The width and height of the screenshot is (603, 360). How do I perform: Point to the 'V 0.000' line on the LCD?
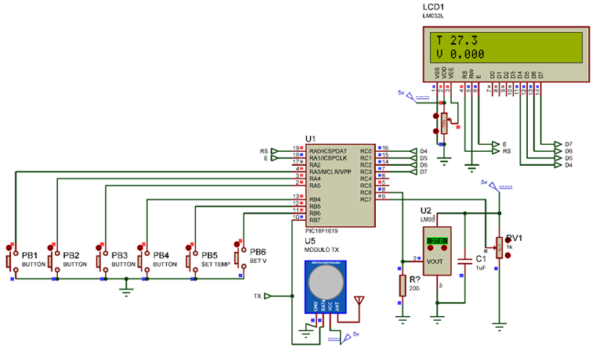pos(460,54)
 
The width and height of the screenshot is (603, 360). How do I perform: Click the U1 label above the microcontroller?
pos(311,138)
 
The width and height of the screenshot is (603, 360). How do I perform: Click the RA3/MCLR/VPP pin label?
pos(330,172)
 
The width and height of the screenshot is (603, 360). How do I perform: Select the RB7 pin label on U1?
pos(315,220)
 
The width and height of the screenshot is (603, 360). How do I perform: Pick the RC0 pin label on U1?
pos(366,151)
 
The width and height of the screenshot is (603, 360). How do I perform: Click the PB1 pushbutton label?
pos(30,255)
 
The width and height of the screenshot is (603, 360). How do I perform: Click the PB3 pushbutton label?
pos(120,255)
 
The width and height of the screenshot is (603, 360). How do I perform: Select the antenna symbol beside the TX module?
pos(359,300)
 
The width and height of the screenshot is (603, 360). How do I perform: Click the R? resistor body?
pos(403,285)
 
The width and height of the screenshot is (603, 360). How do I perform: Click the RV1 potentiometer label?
pos(514,238)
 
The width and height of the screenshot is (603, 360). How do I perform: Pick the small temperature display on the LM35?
pos(437,241)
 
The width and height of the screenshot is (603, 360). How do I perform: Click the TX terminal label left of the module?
pos(258,297)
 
